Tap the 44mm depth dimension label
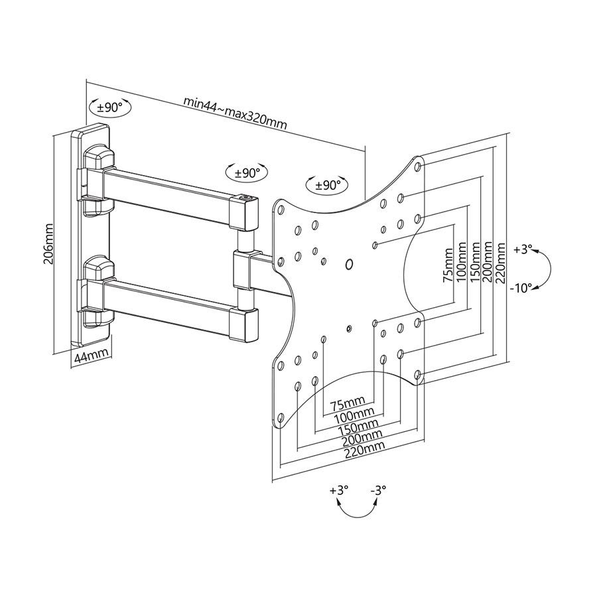pos(90,357)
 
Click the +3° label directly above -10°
pos(523,250)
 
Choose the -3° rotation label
pos(378,491)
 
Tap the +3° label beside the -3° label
pos(338,491)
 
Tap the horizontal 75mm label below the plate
pos(347,403)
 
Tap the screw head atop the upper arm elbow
pos(244,197)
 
